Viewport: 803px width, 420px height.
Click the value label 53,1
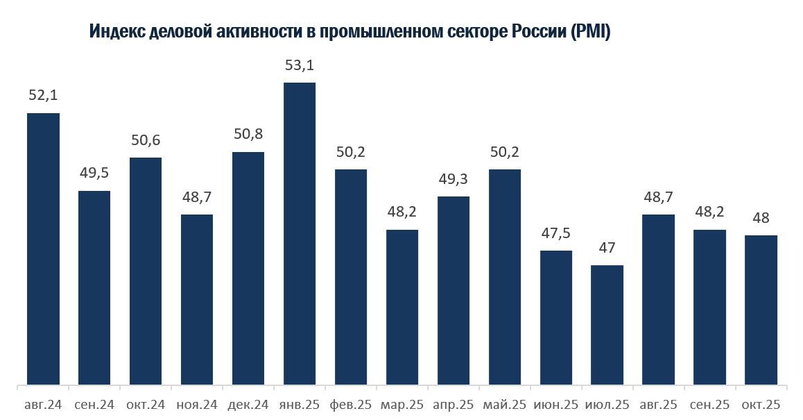click(x=300, y=66)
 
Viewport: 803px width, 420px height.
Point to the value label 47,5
click(x=556, y=234)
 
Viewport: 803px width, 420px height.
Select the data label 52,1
click(x=43, y=96)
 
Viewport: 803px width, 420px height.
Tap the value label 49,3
click(x=454, y=180)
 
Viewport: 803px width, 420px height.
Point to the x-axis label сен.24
click(x=94, y=404)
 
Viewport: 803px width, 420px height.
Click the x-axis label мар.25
click(x=402, y=404)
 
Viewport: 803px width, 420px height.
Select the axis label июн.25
click(x=556, y=404)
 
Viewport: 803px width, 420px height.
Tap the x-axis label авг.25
click(x=659, y=404)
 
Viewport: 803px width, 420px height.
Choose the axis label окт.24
click(x=146, y=404)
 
